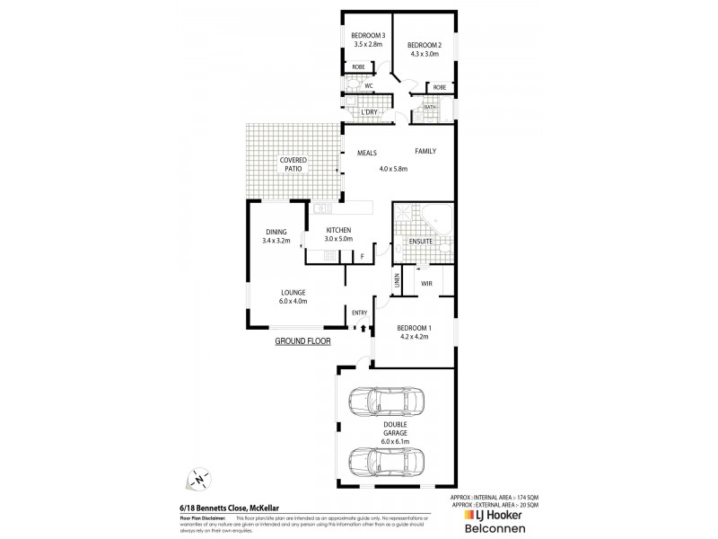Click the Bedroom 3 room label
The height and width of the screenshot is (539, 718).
[x=367, y=35]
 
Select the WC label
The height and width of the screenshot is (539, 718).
[x=368, y=86]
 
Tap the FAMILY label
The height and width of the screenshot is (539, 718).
[x=425, y=151]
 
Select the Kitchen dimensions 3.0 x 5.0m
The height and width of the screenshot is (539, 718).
[x=338, y=238]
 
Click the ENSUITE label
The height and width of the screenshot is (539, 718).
[x=420, y=242]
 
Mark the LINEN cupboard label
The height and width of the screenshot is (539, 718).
[x=396, y=281]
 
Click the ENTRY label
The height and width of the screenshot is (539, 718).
[x=360, y=313]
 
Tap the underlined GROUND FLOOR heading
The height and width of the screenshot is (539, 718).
[x=304, y=342]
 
